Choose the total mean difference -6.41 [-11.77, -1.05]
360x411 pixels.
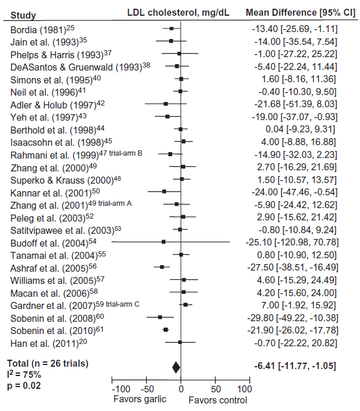(295, 366)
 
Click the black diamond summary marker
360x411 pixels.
(177, 367)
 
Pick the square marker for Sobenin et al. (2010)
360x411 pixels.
(166, 330)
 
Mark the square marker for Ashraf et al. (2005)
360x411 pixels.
(163, 267)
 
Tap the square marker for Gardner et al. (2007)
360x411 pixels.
(185, 305)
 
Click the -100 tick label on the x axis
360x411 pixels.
(121, 389)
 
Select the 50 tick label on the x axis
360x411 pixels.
(216, 389)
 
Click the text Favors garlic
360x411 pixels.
(140, 400)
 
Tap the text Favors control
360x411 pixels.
(218, 400)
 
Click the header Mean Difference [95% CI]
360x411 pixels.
(291, 12)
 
